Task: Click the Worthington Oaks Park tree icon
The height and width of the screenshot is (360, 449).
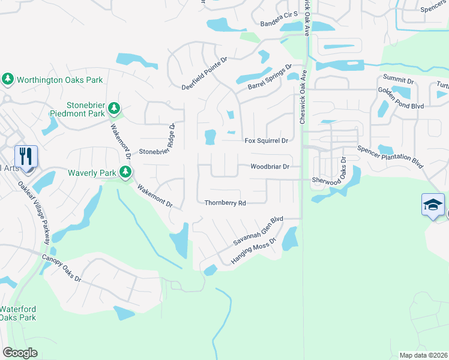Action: click(8, 79)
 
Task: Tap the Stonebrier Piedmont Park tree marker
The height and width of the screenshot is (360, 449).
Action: click(114, 109)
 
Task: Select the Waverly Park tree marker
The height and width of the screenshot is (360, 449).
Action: click(125, 173)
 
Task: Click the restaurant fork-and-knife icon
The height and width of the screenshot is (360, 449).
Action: click(26, 157)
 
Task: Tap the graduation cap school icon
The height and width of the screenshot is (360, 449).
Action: click(433, 205)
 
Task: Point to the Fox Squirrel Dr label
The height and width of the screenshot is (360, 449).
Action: click(267, 141)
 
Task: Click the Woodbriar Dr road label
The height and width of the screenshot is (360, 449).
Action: click(270, 166)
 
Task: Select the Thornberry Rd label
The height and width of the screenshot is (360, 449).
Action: click(225, 203)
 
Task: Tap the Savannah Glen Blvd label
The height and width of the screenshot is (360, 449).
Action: click(258, 231)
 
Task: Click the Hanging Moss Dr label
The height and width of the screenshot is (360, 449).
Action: click(252, 251)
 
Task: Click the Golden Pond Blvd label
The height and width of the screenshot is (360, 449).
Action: click(401, 98)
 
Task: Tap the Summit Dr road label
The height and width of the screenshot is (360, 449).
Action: click(399, 80)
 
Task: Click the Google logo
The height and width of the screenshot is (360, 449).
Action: click(20, 353)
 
